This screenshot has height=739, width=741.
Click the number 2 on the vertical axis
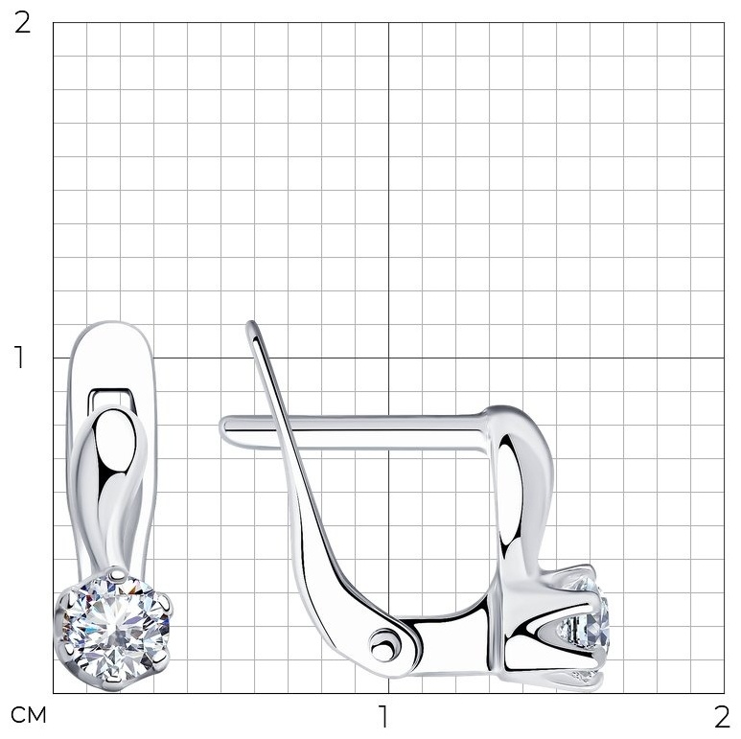(22, 23)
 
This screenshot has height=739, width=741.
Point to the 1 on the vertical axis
(19, 358)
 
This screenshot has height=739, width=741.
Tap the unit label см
(29, 715)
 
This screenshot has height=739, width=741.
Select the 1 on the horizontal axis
(383, 716)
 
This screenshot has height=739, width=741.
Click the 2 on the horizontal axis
(722, 717)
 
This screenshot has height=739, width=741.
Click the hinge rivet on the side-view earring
(382, 645)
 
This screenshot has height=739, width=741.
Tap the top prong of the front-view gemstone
(113, 573)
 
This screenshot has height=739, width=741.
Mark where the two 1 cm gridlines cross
(388, 358)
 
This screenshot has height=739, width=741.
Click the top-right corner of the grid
(724, 23)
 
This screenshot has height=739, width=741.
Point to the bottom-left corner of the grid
(53, 693)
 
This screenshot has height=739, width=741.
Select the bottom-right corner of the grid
(724, 693)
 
